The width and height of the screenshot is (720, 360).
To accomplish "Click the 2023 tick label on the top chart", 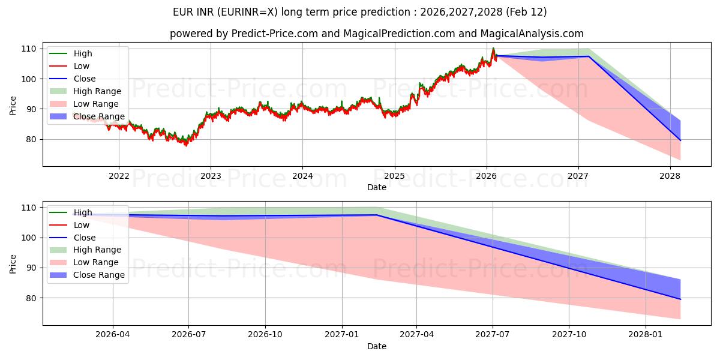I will pyautogui.click(x=211, y=176).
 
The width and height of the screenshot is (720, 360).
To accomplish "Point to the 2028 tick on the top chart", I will pyautogui.click(x=670, y=176).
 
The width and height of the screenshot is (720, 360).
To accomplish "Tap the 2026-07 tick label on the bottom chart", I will pyautogui.click(x=189, y=335).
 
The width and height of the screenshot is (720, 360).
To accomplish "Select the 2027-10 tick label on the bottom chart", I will pyautogui.click(x=569, y=335).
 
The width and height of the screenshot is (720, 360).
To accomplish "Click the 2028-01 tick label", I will pyautogui.click(x=646, y=335).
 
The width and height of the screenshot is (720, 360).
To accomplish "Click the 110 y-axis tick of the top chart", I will pyautogui.click(x=28, y=49).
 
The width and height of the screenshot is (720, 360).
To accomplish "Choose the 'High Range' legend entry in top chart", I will pyautogui.click(x=97, y=91).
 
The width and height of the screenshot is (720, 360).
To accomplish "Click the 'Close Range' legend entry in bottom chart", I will pyautogui.click(x=98, y=275).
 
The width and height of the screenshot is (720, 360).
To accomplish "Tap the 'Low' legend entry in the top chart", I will pyautogui.click(x=81, y=66).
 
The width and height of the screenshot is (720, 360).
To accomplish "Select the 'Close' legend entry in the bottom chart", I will pyautogui.click(x=84, y=238).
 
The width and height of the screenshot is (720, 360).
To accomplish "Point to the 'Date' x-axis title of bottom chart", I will pyautogui.click(x=377, y=346).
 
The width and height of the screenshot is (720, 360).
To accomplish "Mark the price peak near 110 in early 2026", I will pyautogui.click(x=493, y=48).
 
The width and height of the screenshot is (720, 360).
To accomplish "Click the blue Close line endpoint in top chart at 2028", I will pyautogui.click(x=680, y=140).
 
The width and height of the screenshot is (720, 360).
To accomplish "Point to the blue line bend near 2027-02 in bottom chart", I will pyautogui.click(x=376, y=215).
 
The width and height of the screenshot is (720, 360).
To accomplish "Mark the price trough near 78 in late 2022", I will pyautogui.click(x=185, y=145).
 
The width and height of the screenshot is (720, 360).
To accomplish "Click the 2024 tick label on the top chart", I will pyautogui.click(x=302, y=176).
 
